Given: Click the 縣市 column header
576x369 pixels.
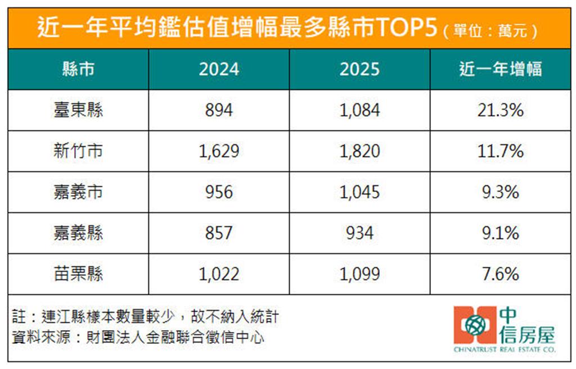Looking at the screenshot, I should click(78, 69).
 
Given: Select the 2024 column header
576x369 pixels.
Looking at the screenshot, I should click(219, 69).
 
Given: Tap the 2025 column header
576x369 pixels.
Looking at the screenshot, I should click(359, 69).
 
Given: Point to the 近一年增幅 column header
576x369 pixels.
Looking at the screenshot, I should click(500, 69).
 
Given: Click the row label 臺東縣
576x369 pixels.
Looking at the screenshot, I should click(78, 110).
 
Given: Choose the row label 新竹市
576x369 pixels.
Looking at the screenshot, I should click(78, 151).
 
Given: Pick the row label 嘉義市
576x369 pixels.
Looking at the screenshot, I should click(78, 192).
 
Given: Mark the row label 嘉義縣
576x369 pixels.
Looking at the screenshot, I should click(78, 233).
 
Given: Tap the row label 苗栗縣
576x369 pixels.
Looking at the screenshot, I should click(78, 274).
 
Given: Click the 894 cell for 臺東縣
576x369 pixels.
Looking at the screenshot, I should click(219, 110).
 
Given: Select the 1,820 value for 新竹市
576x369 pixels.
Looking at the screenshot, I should click(359, 151).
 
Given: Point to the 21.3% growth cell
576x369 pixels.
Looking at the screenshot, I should click(500, 110).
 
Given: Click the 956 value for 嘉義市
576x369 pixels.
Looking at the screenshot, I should click(219, 192).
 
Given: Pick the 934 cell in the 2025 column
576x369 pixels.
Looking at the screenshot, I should click(359, 233).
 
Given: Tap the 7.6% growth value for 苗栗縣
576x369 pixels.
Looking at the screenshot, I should click(500, 274).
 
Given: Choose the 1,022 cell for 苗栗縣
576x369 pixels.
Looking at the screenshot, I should click(219, 274).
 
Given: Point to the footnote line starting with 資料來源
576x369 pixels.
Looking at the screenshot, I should click(138, 337).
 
